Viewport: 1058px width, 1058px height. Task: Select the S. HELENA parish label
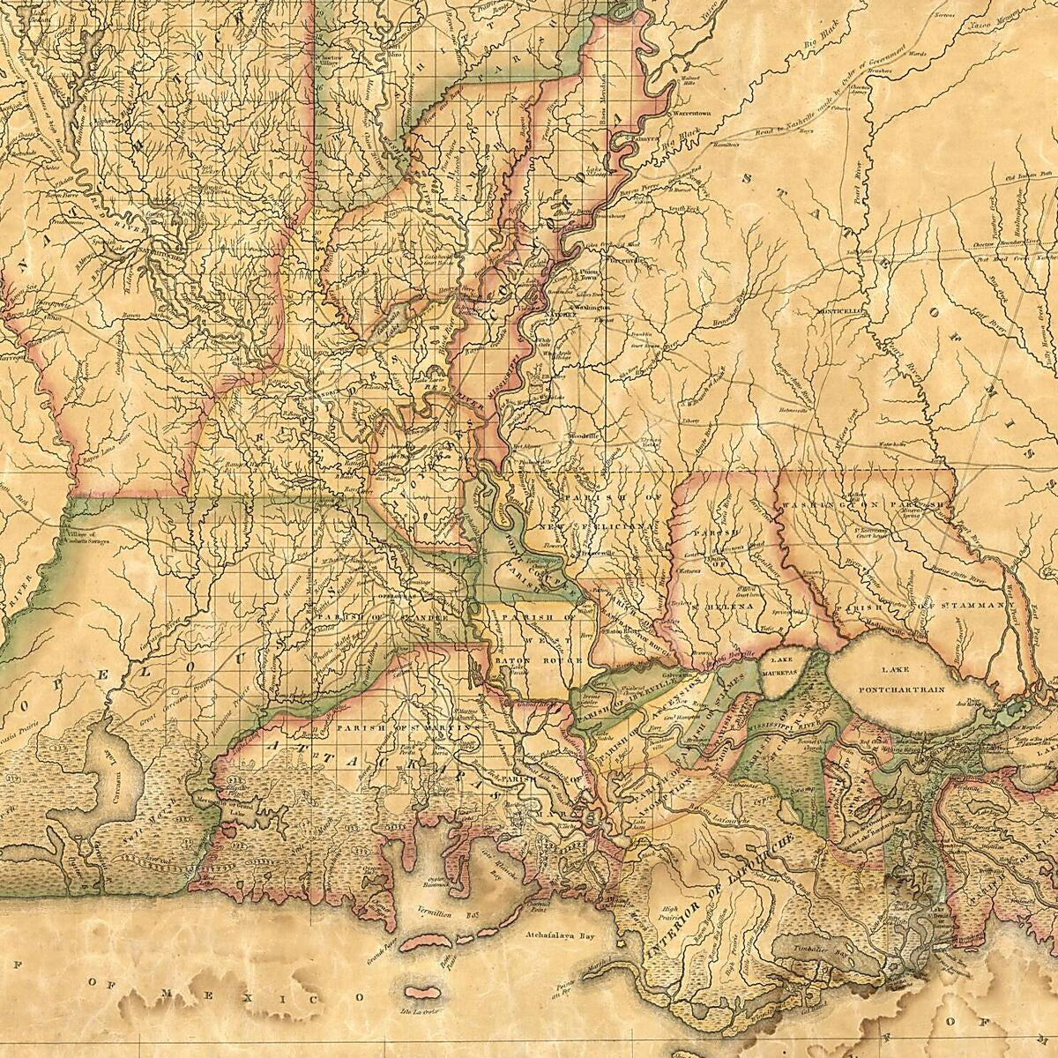click(x=725, y=607)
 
